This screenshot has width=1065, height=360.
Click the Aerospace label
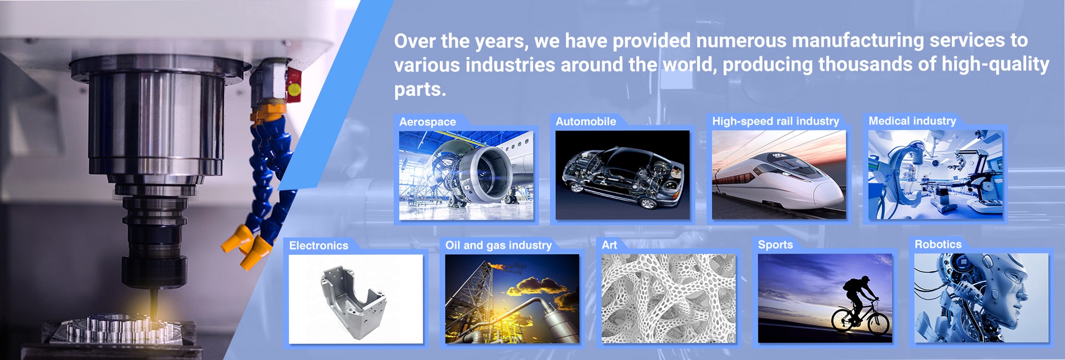[428, 122]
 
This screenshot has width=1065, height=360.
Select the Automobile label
[586, 121]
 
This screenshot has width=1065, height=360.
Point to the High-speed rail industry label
[775, 121]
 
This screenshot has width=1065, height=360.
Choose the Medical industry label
[912, 121]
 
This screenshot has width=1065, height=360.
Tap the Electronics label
[319, 245]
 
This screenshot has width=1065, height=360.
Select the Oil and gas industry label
[499, 245]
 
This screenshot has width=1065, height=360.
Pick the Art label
[609, 245]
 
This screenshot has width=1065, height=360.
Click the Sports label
[775, 245]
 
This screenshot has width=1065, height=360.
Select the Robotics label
[938, 244]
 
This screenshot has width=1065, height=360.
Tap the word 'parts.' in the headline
[420, 89]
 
